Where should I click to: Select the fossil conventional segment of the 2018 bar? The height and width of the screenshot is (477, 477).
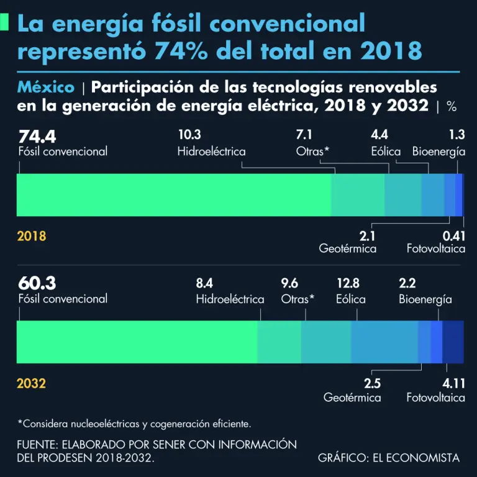click(174, 195)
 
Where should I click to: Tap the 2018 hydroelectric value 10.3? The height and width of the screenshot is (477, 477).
click(189, 135)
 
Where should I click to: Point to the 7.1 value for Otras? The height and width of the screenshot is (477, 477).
click(306, 135)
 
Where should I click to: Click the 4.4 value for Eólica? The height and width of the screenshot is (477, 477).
click(379, 135)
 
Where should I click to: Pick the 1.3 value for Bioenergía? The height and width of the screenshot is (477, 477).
click(457, 135)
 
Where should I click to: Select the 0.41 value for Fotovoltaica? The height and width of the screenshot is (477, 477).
click(453, 236)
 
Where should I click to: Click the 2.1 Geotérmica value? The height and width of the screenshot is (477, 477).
click(367, 236)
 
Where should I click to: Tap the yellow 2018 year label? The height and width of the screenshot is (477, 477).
click(31, 236)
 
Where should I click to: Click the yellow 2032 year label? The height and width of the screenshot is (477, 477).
click(31, 383)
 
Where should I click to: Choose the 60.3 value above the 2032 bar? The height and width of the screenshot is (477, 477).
click(37, 283)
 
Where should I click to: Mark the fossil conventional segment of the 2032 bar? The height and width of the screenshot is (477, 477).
click(137, 342)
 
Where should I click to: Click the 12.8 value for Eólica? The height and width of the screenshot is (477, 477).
click(348, 284)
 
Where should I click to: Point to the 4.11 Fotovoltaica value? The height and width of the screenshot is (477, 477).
click(454, 383)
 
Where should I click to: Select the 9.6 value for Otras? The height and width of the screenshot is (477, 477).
click(289, 284)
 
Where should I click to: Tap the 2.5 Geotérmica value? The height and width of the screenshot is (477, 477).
click(372, 383)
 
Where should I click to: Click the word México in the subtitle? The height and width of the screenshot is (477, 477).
click(46, 87)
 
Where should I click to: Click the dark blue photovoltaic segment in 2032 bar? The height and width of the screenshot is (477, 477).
click(453, 342)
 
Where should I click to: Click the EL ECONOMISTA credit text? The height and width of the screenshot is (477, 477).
click(416, 458)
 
